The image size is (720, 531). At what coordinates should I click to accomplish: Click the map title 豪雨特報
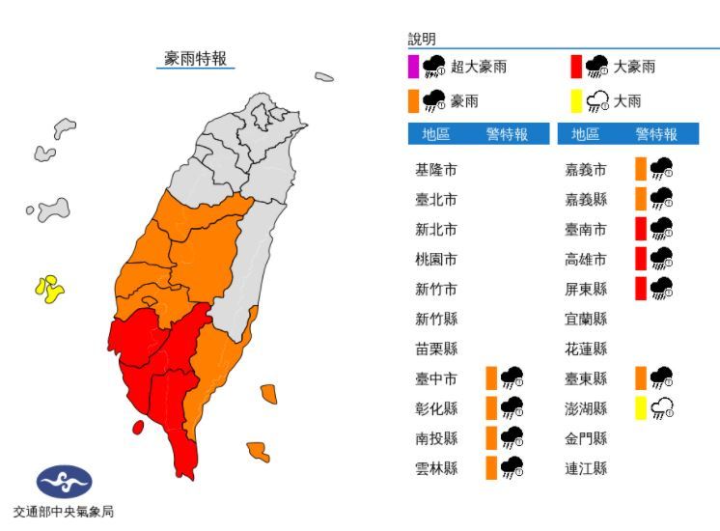click(195, 58)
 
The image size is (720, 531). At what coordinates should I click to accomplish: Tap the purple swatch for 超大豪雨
click(413, 67)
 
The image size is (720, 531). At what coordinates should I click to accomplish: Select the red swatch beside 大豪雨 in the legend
click(576, 67)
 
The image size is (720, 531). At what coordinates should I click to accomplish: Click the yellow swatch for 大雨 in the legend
click(576, 100)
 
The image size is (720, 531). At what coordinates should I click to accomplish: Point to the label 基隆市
click(435, 170)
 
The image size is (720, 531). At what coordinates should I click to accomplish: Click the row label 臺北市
click(435, 200)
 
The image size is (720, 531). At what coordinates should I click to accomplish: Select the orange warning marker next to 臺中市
click(492, 377)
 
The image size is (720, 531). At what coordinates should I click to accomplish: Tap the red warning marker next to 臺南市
click(641, 229)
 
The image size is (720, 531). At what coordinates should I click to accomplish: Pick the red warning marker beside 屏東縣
click(641, 288)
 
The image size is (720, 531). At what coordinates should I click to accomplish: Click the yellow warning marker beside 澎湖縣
click(641, 407)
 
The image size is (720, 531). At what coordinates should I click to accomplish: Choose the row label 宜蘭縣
click(586, 319)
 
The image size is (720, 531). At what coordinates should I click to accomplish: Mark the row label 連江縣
click(586, 467)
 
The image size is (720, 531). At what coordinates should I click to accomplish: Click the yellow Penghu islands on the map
click(49, 287)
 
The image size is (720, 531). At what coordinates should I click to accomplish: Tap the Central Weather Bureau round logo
click(64, 481)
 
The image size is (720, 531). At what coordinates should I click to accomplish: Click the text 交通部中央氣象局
click(64, 512)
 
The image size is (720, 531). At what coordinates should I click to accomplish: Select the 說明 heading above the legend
click(422, 40)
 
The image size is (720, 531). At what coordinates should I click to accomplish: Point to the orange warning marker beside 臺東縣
click(641, 377)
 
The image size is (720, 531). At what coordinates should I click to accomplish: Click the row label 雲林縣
click(435, 467)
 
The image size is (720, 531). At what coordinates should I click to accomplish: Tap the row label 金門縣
click(586, 438)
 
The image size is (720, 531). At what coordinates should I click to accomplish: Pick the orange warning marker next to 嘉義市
click(641, 169)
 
